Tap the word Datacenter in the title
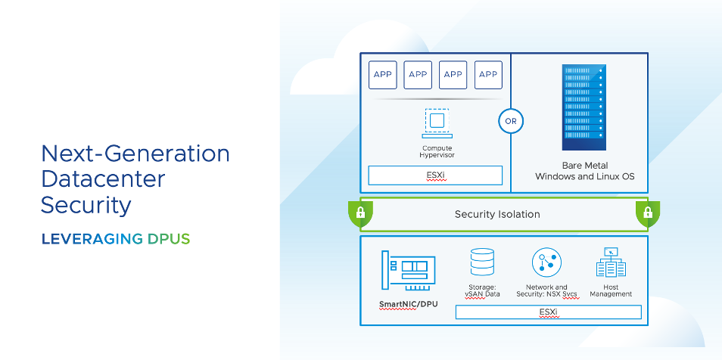[103, 179]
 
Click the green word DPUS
[167, 239]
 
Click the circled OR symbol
[511, 120]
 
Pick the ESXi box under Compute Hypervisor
[435, 175]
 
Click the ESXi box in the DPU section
[548, 312]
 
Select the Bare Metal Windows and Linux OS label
[585, 171]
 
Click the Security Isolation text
[497, 214]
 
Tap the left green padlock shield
[360, 214]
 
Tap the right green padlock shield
[647, 214]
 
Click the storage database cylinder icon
[482, 262]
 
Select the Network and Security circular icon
[546, 262]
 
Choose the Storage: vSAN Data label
[482, 290]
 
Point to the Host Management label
[611, 290]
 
